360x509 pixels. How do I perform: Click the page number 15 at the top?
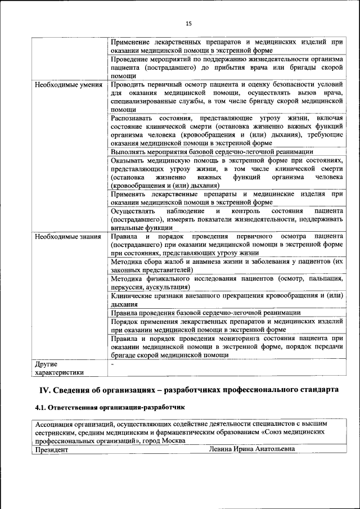[188, 23]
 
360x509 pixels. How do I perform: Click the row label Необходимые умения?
[68, 85]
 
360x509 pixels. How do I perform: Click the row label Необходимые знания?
[67, 237]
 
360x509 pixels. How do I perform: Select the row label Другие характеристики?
[59, 368]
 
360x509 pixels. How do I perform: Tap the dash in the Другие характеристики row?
[112, 364]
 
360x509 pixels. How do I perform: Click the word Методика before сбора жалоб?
[127, 262]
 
